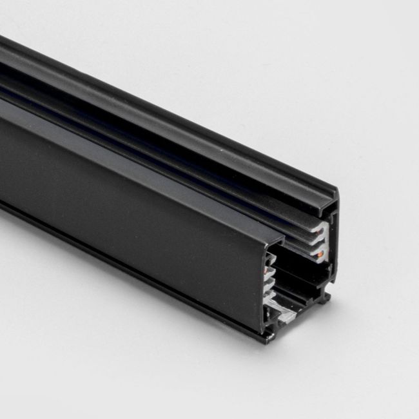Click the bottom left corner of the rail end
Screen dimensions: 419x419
click(266, 336)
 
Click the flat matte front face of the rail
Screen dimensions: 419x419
click(129, 193)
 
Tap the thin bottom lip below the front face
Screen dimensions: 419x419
click(129, 258)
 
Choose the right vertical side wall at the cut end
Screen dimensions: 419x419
click(334, 245)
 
